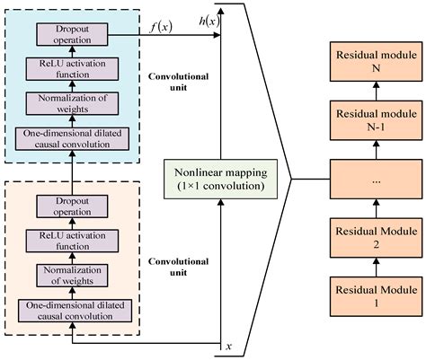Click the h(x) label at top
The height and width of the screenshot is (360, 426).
(209, 20)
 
